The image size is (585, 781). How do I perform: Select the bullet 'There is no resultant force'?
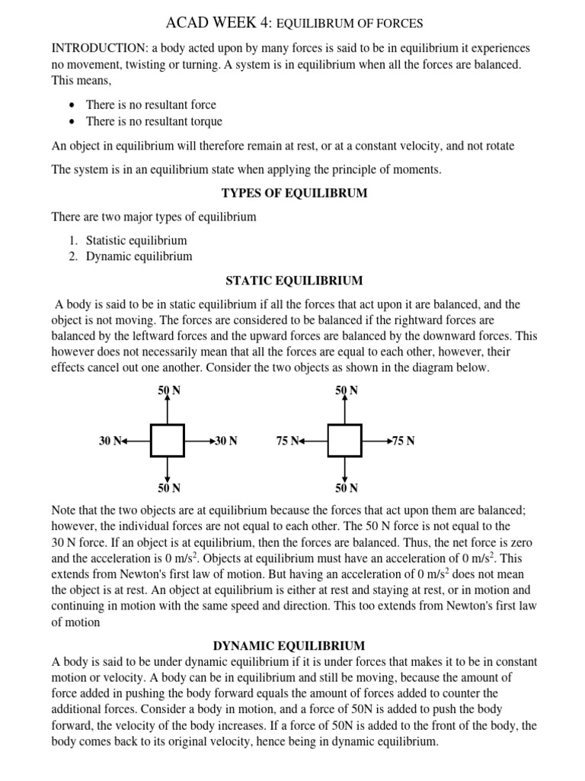tap(151, 104)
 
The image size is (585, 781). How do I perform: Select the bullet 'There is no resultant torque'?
tap(154, 121)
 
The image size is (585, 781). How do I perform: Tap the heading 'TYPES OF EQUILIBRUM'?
tap(294, 193)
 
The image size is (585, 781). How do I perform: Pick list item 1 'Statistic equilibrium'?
tap(136, 240)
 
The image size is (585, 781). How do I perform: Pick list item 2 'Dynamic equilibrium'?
tap(139, 257)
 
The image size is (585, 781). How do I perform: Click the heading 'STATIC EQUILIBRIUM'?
tap(294, 281)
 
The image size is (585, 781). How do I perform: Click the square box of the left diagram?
tap(167, 441)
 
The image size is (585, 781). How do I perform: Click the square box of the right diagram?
tap(344, 441)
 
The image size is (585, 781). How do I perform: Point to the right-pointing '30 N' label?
tap(226, 441)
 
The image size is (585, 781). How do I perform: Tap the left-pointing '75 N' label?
tap(287, 441)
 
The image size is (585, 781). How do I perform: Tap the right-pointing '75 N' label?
tap(404, 441)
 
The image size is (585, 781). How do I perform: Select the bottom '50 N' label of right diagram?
tap(346, 488)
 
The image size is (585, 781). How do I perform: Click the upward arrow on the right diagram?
tap(345, 410)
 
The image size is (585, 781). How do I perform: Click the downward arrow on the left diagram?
tap(168, 468)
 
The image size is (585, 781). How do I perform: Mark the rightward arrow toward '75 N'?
tap(377, 441)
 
